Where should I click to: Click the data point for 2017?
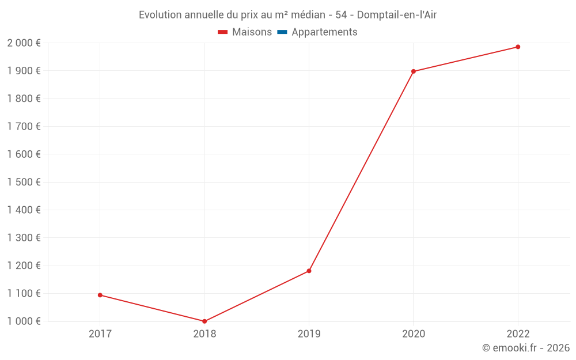coord(100,295)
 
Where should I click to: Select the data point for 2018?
coord(204,321)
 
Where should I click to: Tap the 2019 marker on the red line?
coord(309,271)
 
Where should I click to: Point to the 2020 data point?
coord(414,71)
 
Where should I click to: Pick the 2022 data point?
coord(518,47)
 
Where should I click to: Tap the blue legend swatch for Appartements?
coord(282,32)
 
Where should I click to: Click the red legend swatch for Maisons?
coord(223,32)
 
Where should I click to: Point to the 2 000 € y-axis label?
coord(24,43)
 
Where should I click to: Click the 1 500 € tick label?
coord(24,182)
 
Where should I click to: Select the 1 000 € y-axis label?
coord(24,321)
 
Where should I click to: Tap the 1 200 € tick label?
coord(24,266)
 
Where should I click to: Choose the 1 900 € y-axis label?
coord(24,71)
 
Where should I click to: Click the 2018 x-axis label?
coord(204,334)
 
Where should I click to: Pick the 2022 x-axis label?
coord(518,334)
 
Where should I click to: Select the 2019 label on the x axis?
coord(309,334)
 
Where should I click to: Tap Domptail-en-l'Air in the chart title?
coord(397,15)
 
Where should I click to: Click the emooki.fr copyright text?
coord(526,348)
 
